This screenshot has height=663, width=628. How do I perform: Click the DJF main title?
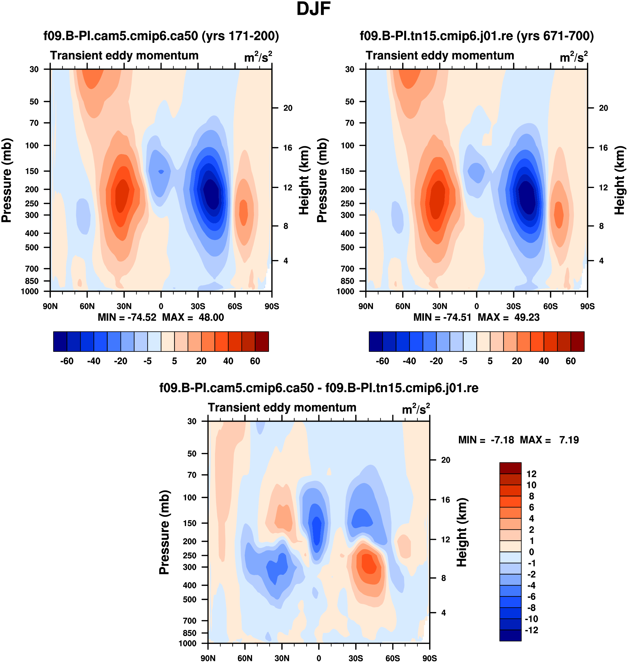(313, 9)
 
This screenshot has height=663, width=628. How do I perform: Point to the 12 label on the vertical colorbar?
(531, 474)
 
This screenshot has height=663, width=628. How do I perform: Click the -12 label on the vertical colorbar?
(531, 630)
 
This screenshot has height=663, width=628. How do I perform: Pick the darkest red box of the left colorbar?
(262, 342)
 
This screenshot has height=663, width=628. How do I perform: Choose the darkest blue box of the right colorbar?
(375, 342)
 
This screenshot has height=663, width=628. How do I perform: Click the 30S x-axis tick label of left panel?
(198, 306)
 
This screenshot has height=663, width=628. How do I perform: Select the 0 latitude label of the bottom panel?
(319, 658)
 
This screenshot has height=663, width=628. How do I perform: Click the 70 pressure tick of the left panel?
(34, 123)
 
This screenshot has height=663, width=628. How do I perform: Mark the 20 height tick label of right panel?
(603, 108)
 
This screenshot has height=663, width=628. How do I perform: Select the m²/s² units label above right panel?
(573, 57)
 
